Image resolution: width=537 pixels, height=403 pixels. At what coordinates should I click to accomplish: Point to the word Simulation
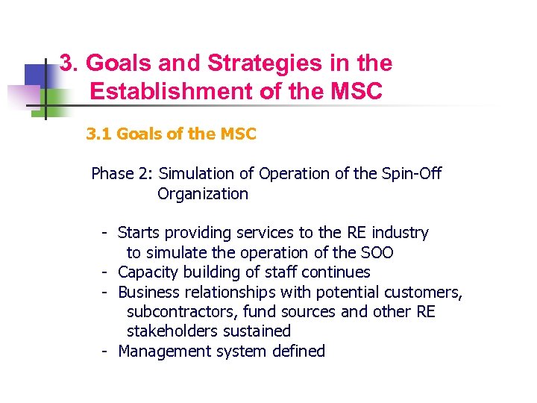pyautogui.click(x=197, y=174)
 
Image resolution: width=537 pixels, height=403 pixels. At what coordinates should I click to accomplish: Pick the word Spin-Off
pyautogui.click(x=412, y=174)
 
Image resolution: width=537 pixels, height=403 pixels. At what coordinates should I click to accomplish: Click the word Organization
pyautogui.click(x=202, y=194)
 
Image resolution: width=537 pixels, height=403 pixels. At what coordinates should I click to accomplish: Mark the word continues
pyautogui.click(x=336, y=272)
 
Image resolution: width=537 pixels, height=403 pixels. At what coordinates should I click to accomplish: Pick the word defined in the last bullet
pyautogui.click(x=298, y=351)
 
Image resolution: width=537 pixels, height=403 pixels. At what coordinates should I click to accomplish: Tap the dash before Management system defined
pyautogui.click(x=107, y=351)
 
